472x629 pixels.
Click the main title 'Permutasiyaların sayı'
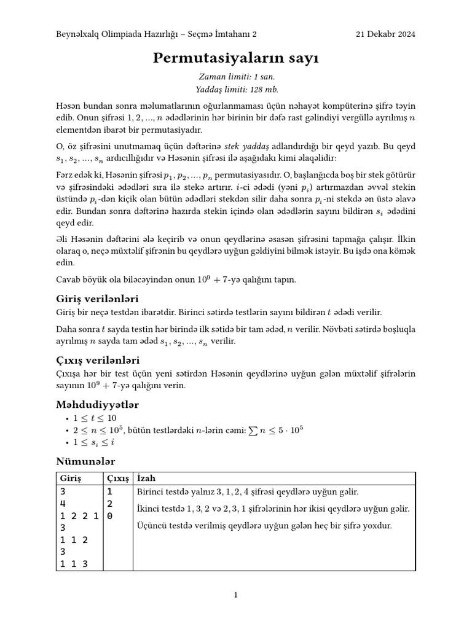tap(236, 58)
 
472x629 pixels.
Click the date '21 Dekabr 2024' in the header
tap(385, 34)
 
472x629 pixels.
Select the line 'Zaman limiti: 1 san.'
tap(236, 77)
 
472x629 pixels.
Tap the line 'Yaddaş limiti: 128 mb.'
tap(236, 89)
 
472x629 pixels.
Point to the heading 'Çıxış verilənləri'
tap(98, 359)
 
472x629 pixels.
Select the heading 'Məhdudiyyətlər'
tap(97, 404)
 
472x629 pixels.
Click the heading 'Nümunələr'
tap(85, 461)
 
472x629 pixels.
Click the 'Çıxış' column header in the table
tap(117, 478)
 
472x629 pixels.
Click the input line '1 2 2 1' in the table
tap(81, 516)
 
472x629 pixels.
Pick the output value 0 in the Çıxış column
tap(110, 516)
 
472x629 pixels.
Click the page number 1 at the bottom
tap(236, 595)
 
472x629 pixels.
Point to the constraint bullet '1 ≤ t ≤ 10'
tap(95, 418)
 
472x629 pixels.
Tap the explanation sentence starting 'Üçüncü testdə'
tap(264, 526)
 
